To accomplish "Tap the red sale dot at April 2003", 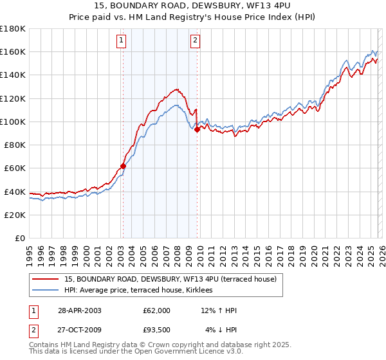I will point(123,166).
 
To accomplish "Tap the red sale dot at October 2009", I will point(197,129).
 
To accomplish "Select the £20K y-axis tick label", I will point(15,215).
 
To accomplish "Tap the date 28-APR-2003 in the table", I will point(79,310).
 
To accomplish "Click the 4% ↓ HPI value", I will point(221,330).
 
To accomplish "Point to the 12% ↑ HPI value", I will point(219,310).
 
